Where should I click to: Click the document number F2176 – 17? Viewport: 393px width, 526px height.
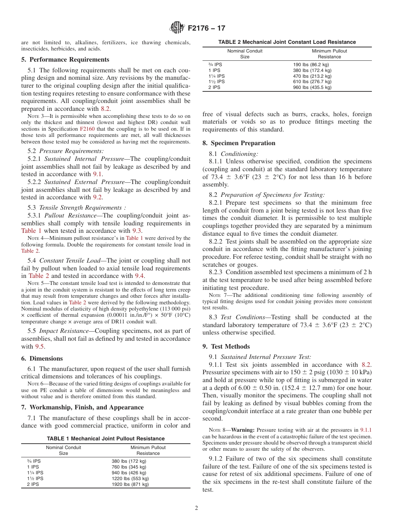206,29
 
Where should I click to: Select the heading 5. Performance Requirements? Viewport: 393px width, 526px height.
65,60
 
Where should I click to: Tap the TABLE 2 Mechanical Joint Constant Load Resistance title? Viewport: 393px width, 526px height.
287,42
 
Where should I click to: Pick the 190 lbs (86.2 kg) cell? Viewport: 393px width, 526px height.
311,65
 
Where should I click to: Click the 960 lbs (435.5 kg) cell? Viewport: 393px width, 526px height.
312,87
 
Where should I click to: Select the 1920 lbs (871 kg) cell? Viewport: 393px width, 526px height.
130,484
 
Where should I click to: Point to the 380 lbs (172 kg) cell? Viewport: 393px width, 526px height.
129,461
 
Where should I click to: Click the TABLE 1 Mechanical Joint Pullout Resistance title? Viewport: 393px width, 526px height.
105,438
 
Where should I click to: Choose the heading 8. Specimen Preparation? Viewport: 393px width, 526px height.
239,143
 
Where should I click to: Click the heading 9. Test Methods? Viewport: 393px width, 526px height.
226,347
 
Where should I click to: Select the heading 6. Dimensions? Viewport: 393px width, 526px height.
42,359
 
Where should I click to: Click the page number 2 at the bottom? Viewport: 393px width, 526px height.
196,508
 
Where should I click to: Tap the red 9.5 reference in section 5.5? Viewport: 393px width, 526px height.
39,347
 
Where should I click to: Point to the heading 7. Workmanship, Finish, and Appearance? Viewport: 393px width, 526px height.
82,407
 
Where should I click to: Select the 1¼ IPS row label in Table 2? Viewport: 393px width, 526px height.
216,76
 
